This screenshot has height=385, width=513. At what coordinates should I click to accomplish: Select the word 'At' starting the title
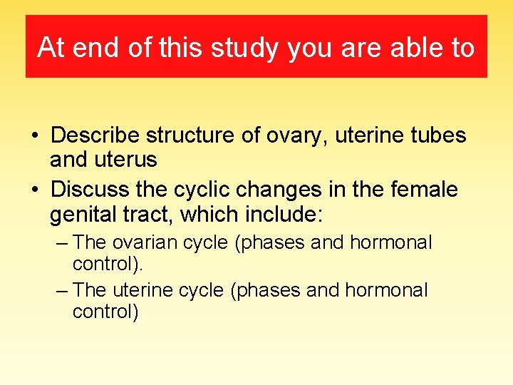coord(51,48)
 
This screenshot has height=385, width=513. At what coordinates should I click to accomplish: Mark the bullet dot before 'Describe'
coord(34,136)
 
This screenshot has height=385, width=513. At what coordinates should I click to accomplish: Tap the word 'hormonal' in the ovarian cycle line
coord(390,242)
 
